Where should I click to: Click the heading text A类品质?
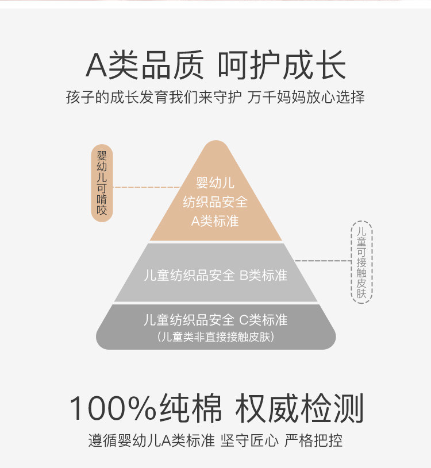(x=144, y=65)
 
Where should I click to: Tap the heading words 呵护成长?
(x=282, y=65)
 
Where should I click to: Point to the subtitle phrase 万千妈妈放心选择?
(x=306, y=96)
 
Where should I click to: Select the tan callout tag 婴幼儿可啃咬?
(x=102, y=183)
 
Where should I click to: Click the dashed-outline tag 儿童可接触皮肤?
(x=361, y=262)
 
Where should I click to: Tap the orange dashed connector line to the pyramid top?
(x=147, y=187)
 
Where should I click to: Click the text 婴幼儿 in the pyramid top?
(x=215, y=183)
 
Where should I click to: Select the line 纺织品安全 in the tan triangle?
(x=215, y=202)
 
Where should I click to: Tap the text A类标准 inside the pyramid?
(x=215, y=221)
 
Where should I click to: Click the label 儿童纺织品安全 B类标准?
(x=215, y=276)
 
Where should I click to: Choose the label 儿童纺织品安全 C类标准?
(x=215, y=320)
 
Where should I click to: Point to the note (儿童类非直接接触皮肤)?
(x=215, y=337)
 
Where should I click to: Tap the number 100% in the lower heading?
(x=112, y=409)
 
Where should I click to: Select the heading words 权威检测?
(x=299, y=409)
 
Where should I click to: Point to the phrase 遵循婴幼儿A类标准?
(x=152, y=441)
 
